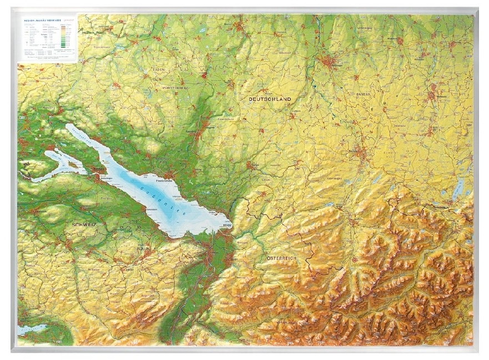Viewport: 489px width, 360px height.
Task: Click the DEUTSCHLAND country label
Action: click(x=270, y=99)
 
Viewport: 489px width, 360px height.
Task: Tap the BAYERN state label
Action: click(x=363, y=94)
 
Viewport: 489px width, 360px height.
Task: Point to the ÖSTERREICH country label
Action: click(x=281, y=259)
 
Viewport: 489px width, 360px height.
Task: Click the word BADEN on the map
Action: click(x=160, y=69)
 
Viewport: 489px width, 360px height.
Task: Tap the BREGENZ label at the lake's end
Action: click(x=226, y=226)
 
